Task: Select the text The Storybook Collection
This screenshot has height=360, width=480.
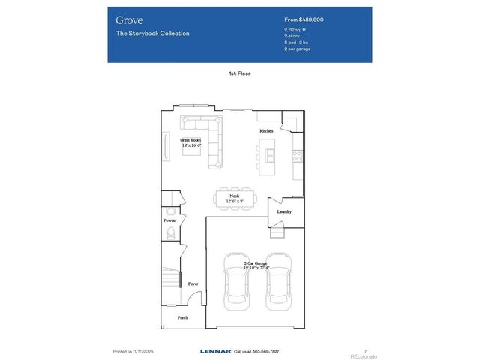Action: coord(152,34)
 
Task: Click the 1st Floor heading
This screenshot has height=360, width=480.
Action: coord(239,74)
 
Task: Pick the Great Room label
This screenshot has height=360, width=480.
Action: coord(190,140)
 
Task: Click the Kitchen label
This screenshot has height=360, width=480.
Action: coord(266,130)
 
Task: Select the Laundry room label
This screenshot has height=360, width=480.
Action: coord(283,211)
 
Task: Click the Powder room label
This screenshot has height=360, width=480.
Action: coord(170,220)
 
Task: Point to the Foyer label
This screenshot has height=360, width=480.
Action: coord(193,284)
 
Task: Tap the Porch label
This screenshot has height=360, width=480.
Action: coord(182,318)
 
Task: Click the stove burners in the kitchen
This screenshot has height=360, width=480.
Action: coord(297,157)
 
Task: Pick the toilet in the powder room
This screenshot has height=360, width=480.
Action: coord(170,234)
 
